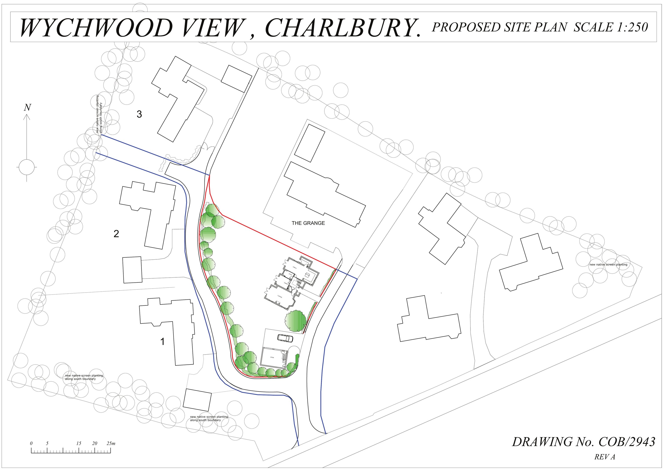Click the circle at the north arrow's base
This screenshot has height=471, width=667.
[27, 167]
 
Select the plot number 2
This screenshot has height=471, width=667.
[116, 234]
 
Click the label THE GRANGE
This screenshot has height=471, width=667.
[308, 223]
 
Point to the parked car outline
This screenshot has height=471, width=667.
[285, 338]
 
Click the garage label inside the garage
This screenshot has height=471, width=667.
[272, 357]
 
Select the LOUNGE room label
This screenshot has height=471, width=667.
[280, 297]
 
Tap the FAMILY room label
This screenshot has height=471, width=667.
[295, 267]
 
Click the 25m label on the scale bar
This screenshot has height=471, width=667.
[111, 443]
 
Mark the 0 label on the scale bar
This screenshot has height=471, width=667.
[31, 443]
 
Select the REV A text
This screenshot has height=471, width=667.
[605, 457]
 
